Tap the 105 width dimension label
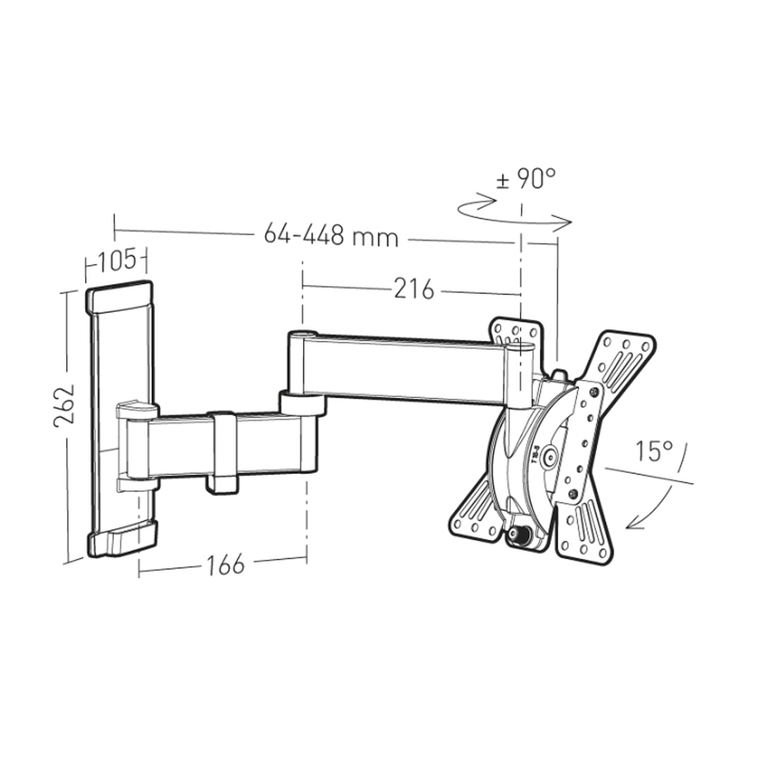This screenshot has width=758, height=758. coord(117,260)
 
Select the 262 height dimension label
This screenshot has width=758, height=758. coord(64,405)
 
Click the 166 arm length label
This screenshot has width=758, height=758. coord(226,564)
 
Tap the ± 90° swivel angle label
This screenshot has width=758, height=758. coord(526,179)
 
